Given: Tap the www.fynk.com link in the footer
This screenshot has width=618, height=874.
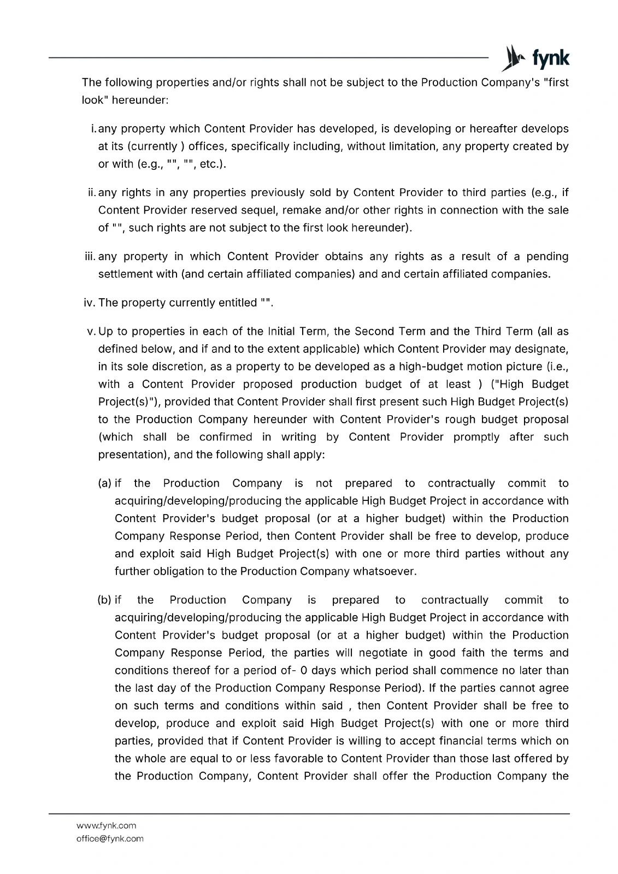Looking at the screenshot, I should point(106,825).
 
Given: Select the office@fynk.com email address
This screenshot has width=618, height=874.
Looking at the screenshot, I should point(110,838).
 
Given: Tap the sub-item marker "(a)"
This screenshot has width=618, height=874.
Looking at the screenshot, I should point(104,483).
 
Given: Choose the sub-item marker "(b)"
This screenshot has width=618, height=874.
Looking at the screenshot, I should point(104,600).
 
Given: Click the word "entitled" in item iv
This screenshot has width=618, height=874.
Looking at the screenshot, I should point(236,303).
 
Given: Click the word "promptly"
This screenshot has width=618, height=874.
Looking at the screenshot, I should point(476,437).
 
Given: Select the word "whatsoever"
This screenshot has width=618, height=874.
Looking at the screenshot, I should point(385,571).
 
